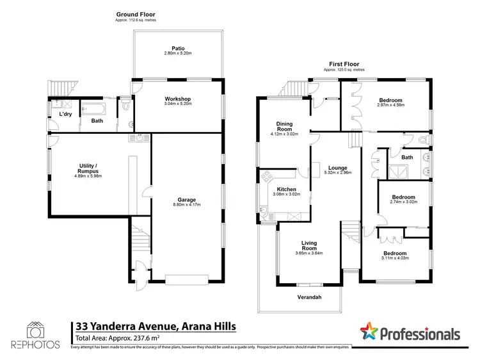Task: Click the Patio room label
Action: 179,47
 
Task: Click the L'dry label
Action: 65,114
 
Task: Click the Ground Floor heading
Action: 135,14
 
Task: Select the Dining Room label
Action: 284,126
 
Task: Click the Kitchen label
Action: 286,189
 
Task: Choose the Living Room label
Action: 312,244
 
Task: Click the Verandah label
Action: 309,297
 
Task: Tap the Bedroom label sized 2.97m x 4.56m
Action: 390,101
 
